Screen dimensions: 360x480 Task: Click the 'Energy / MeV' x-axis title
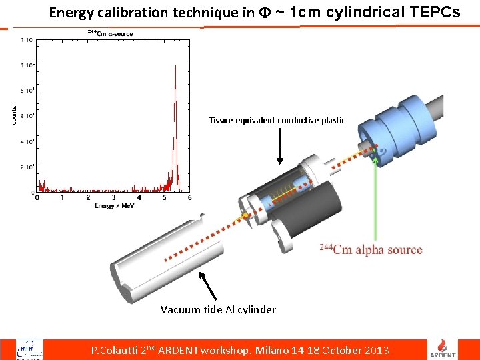point(114,206)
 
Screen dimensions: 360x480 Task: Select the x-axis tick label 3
point(113,198)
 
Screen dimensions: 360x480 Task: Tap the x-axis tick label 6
point(190,198)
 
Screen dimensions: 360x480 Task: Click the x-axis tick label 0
point(37,198)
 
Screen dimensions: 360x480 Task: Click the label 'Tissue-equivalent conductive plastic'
point(277,121)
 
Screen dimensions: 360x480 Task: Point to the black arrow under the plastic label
point(280,146)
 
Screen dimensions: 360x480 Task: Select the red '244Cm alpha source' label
point(371,249)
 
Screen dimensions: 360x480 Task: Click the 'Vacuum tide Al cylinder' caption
point(218,309)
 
